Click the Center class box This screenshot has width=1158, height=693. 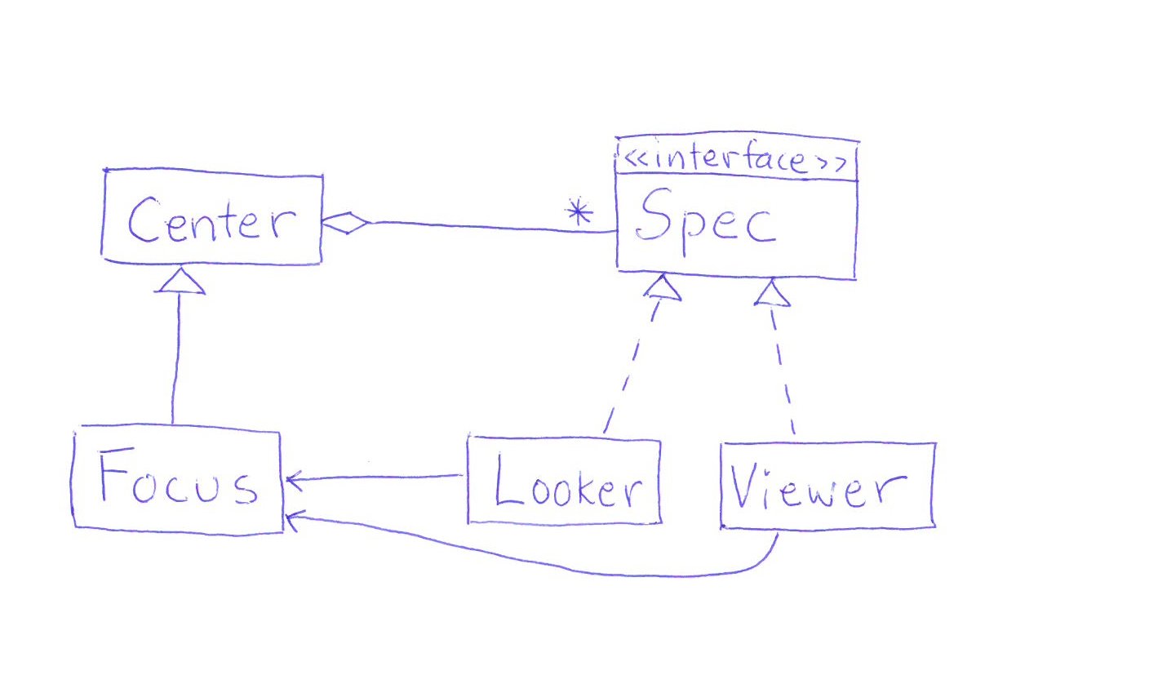pos(212,218)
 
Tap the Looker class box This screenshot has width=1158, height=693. pos(564,481)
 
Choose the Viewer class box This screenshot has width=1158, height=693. pos(827,486)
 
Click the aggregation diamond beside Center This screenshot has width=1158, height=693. pos(346,221)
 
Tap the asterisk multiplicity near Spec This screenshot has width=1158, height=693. pos(579,214)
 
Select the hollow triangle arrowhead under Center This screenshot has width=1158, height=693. pos(180,282)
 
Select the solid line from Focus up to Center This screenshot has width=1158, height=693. pos(175,359)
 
